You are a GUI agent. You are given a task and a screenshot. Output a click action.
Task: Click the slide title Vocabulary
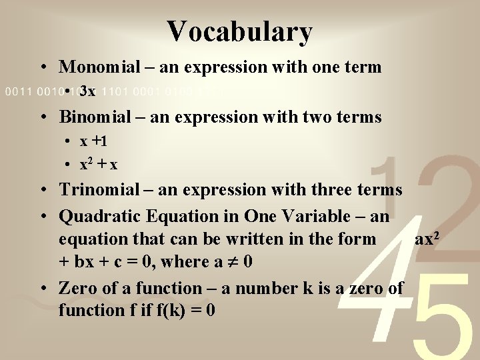[240, 31]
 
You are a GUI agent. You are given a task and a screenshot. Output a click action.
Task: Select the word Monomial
[99, 67]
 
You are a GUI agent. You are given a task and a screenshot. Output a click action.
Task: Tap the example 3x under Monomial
[87, 91]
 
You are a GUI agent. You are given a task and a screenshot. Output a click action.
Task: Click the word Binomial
[95, 117]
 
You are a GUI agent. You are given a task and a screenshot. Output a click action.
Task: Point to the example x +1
[93, 141]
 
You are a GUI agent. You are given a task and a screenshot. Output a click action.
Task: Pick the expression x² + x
[99, 164]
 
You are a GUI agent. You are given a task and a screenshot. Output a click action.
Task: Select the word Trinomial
[99, 189]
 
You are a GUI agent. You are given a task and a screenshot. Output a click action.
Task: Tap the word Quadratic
[99, 216]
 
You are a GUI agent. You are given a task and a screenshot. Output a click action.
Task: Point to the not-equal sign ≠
[233, 262]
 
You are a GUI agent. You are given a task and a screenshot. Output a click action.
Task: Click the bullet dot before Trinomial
[44, 189]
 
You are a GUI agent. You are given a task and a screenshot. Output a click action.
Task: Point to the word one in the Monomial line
[326, 67]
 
